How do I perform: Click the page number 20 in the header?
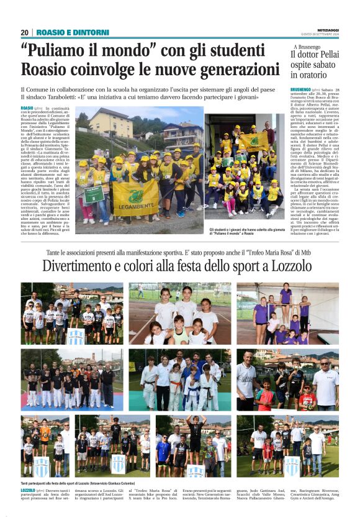point(24,32)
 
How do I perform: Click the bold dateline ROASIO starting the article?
point(27,109)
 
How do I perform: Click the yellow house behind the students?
point(111,124)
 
